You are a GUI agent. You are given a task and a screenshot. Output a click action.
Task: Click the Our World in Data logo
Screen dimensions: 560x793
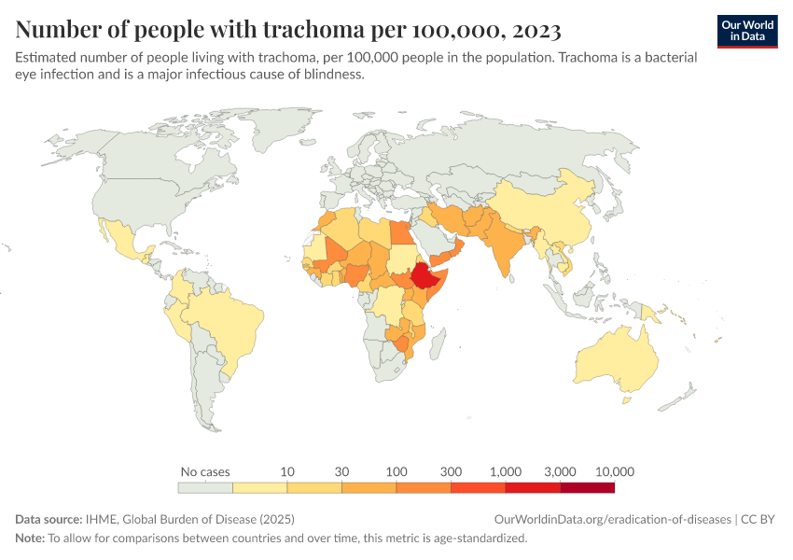pos(746,31)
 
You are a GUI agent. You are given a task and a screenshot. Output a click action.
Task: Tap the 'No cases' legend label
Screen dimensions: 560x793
pos(204,471)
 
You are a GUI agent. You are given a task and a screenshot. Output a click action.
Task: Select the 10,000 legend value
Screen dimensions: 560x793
pos(613,471)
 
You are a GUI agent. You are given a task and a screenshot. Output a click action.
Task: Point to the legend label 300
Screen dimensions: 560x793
pos(451,471)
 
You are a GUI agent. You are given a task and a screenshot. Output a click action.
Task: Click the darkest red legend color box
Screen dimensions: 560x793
pos(587,487)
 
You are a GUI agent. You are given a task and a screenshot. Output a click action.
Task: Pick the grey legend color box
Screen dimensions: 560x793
pos(204,487)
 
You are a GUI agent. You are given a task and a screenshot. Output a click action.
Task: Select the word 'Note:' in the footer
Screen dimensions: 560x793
pos(30,539)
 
